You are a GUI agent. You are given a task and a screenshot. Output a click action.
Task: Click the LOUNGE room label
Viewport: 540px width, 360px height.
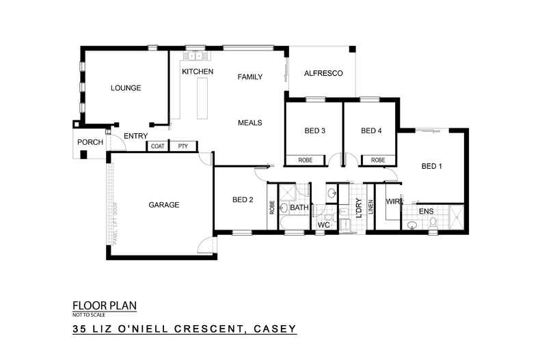click(x=125, y=88)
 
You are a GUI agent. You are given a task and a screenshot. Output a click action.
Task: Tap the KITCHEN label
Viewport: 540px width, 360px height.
click(x=198, y=72)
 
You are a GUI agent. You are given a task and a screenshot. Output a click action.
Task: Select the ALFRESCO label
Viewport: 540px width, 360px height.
click(x=323, y=73)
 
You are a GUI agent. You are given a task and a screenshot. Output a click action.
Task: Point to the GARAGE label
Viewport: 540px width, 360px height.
click(x=163, y=204)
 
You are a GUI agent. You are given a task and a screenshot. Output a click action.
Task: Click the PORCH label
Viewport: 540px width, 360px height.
click(x=90, y=142)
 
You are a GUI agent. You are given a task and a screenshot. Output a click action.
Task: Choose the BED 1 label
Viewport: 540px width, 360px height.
click(x=432, y=166)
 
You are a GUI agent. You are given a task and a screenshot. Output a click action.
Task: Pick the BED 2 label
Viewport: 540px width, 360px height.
click(x=243, y=200)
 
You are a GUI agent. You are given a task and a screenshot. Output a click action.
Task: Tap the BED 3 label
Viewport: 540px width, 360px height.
click(x=314, y=131)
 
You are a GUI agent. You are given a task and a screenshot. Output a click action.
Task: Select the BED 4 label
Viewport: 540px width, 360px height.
click(x=370, y=131)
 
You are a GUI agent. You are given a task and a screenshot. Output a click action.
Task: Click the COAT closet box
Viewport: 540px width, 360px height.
click(x=158, y=146)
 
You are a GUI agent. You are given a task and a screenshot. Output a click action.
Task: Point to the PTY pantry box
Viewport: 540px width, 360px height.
click(x=183, y=146)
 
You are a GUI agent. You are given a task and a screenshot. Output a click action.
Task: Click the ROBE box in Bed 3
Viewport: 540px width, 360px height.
click(x=306, y=161)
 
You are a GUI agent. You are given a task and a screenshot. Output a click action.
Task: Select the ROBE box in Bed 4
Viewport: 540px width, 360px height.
click(x=378, y=161)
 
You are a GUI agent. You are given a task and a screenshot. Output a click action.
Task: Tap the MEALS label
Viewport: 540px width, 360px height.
click(x=250, y=123)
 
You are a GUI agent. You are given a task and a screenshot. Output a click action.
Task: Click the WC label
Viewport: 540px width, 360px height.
click(x=324, y=225)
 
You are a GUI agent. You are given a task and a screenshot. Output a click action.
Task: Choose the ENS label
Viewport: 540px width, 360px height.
click(x=426, y=212)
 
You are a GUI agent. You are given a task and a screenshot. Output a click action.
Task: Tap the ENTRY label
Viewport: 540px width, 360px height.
click(x=136, y=137)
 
